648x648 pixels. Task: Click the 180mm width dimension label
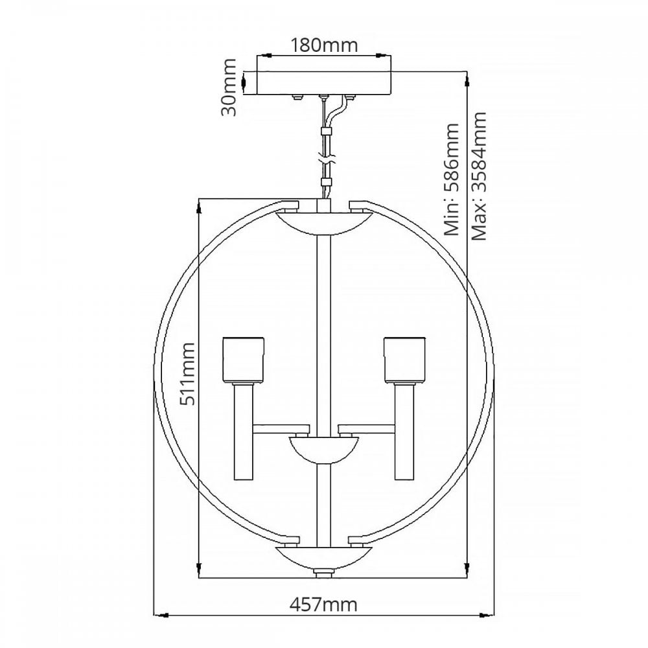point(324,45)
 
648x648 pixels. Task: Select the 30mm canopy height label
point(229,87)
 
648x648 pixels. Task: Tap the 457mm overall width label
point(323,605)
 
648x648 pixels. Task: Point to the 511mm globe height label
point(187,374)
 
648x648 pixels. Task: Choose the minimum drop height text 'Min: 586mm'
point(451,179)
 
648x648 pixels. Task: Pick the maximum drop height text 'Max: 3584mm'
point(480,176)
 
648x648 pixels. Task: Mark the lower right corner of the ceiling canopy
point(391,95)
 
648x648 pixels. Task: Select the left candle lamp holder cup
point(243,360)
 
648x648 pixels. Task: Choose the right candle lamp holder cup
point(404,360)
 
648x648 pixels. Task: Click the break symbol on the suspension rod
point(327,159)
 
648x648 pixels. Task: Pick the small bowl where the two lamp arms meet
point(324,450)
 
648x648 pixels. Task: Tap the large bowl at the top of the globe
point(324,224)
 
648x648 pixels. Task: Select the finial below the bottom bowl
point(323,573)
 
